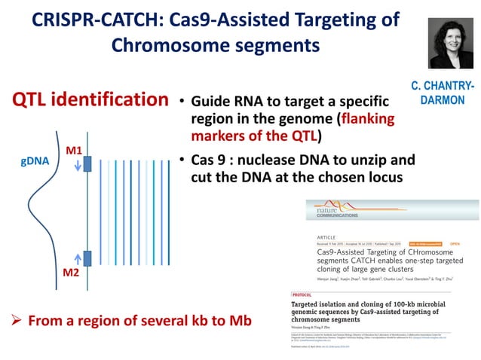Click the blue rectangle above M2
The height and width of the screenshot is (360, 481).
coord(87,258)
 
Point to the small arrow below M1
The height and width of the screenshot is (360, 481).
coord(75,166)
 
